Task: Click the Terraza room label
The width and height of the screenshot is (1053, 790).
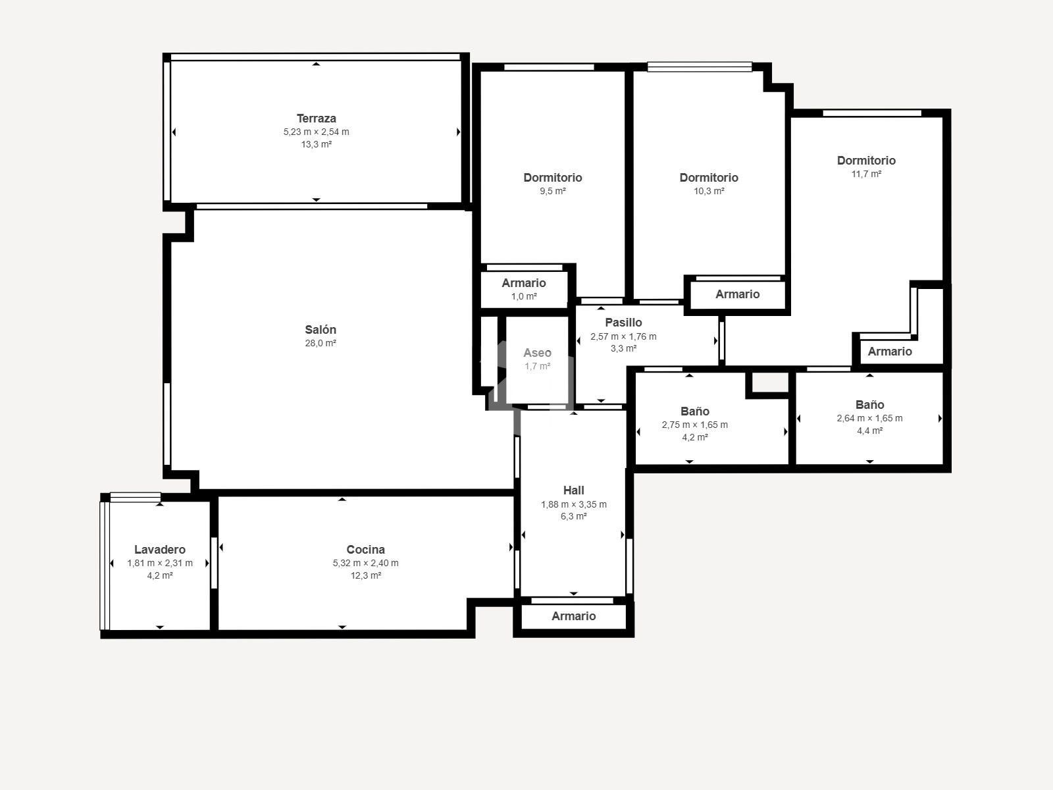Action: click(316, 118)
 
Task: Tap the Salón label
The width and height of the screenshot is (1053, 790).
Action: click(321, 330)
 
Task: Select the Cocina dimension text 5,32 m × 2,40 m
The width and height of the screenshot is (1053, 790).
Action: click(365, 563)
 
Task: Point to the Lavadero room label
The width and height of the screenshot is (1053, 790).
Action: click(160, 550)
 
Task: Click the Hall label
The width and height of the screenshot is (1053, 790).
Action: click(574, 490)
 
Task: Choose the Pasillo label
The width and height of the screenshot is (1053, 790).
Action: click(624, 323)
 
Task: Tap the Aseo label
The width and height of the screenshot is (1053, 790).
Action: click(537, 353)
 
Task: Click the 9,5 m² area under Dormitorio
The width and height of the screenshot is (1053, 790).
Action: click(553, 191)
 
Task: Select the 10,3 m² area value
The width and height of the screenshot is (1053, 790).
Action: click(709, 191)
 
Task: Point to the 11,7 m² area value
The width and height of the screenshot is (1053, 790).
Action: click(866, 174)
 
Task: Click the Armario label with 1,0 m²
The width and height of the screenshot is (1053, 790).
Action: click(524, 283)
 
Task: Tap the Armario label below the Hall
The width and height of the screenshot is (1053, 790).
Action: click(574, 616)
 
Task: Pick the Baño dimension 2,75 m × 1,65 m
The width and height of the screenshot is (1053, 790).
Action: click(695, 425)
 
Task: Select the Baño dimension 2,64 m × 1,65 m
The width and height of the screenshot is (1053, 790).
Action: click(870, 418)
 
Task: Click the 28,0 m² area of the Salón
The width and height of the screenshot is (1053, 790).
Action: click(321, 343)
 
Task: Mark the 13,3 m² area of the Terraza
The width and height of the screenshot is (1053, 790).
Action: click(316, 144)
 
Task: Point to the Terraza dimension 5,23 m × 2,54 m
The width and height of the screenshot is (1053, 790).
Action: click(316, 132)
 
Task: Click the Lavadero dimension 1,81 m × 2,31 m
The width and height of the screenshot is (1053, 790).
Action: click(160, 563)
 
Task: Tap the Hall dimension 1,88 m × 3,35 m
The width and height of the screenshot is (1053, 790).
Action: click(574, 504)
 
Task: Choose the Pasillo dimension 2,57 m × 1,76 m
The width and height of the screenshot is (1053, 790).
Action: click(624, 336)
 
